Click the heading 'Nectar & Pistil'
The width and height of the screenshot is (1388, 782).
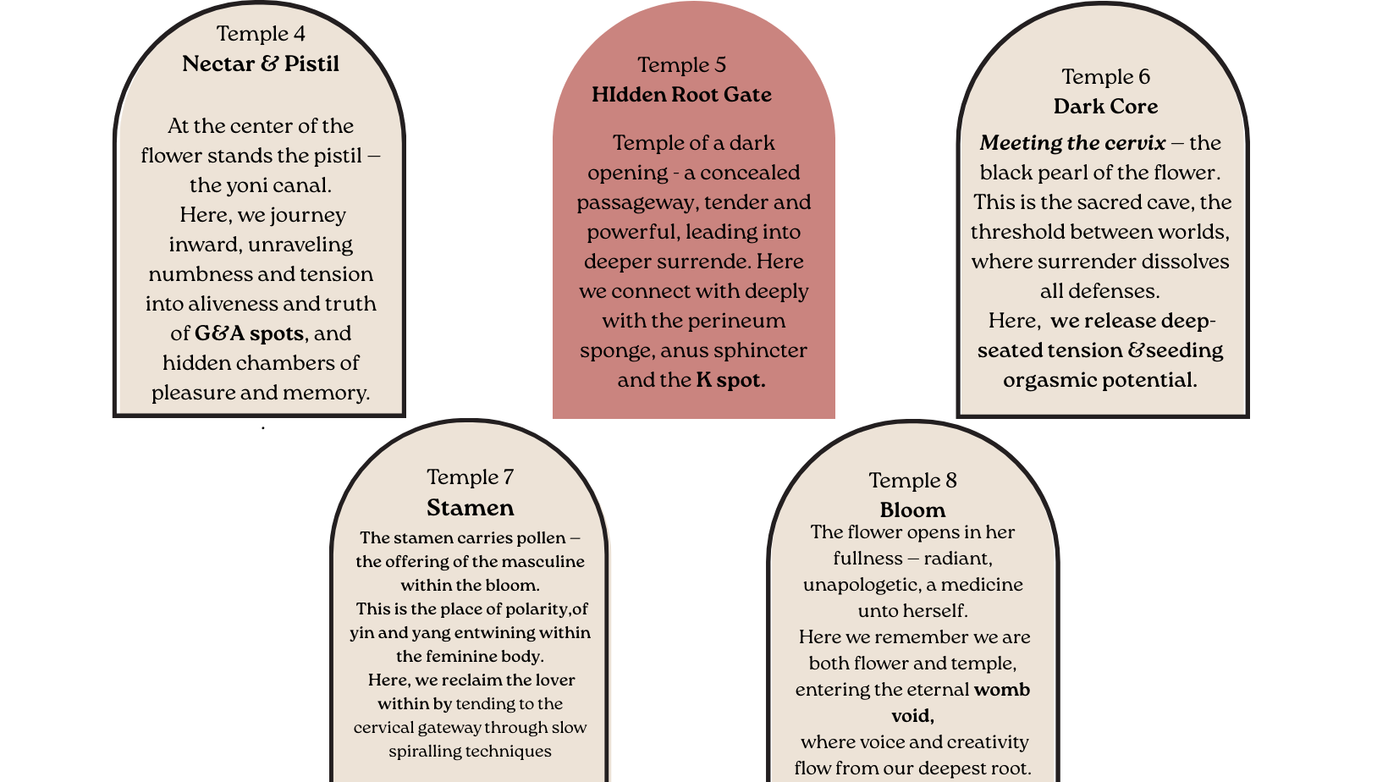[261, 64]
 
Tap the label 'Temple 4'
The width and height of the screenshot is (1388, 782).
[261, 34]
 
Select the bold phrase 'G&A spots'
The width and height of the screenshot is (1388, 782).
[249, 333]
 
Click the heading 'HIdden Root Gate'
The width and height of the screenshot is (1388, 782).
[681, 95]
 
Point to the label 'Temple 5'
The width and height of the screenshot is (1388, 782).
[681, 65]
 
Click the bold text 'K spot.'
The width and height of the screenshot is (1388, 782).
[730, 380]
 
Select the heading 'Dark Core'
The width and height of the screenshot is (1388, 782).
[1105, 107]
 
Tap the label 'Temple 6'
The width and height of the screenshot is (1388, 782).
[1105, 77]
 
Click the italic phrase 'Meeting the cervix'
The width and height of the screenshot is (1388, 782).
[1072, 143]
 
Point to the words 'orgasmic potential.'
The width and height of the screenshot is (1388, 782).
[1099, 380]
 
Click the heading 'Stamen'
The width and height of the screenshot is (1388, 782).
[470, 508]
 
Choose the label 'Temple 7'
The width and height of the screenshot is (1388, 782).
[470, 477]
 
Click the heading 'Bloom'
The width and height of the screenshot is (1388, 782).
[912, 510]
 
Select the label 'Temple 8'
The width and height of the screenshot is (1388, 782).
[912, 481]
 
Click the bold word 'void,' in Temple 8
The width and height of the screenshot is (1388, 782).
[912, 716]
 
